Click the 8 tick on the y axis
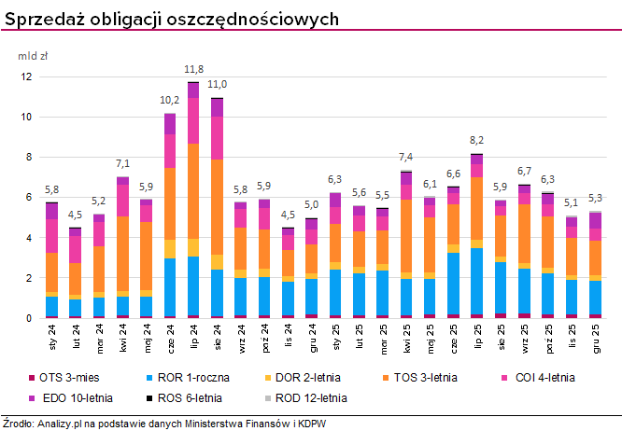point(28,158)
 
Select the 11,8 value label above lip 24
point(193,69)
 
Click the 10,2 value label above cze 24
point(170,100)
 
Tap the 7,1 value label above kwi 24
point(122,163)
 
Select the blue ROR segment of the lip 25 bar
point(477,281)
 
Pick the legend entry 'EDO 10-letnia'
point(75,397)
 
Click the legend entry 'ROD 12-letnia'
point(308,397)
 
